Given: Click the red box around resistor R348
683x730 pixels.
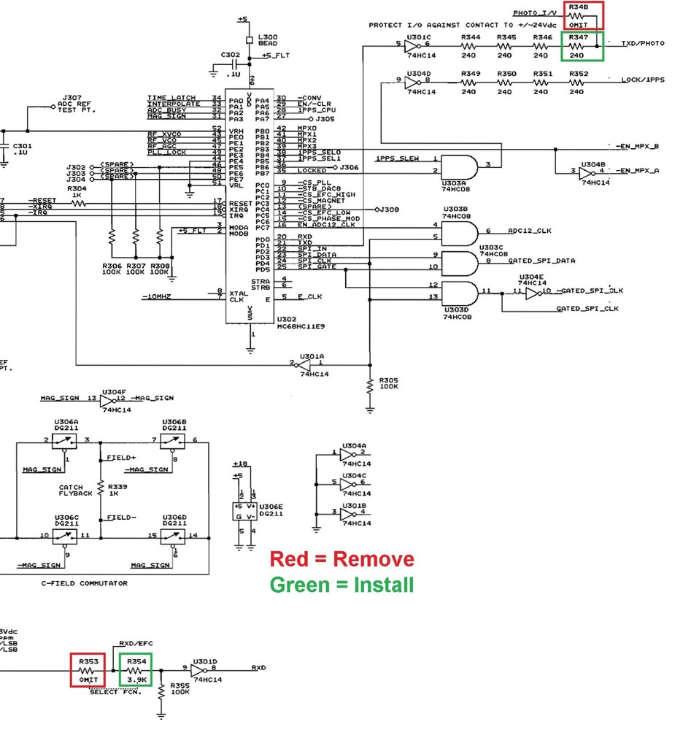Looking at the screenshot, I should pyautogui.click(x=582, y=15).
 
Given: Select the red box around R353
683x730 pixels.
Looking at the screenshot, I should pyautogui.click(x=88, y=670).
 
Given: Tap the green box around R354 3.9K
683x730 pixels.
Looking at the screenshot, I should pyautogui.click(x=136, y=670).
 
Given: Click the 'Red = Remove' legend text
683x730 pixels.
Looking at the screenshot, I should pyautogui.click(x=341, y=559).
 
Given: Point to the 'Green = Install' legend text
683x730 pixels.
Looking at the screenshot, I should pyautogui.click(x=341, y=585).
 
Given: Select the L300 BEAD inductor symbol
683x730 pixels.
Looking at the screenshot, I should pyautogui.click(x=252, y=39).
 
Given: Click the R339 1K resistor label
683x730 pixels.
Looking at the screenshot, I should pyautogui.click(x=117, y=489).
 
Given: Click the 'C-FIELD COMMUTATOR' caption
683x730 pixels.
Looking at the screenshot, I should pyautogui.click(x=85, y=583).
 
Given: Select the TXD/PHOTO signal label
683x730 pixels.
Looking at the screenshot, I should pyautogui.click(x=643, y=43).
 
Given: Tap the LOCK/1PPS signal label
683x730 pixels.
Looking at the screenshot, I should pyautogui.click(x=643, y=80).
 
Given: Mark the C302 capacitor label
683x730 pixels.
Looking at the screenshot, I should pyautogui.click(x=230, y=55).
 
